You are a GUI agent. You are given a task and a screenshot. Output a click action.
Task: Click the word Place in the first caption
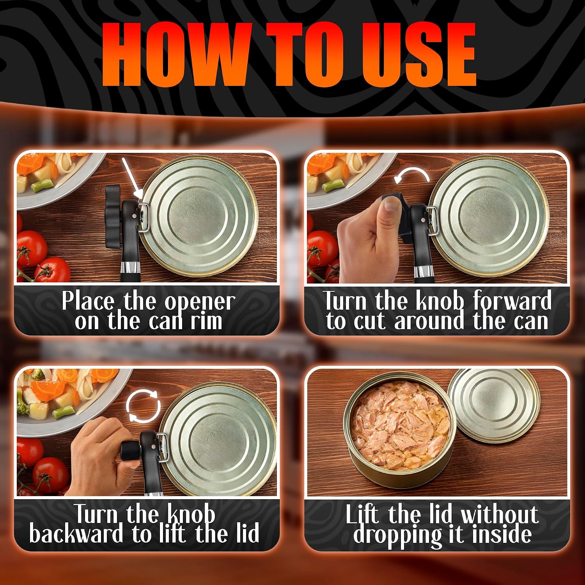pos(88,301)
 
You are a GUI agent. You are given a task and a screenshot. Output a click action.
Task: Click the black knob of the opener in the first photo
pos(113,216)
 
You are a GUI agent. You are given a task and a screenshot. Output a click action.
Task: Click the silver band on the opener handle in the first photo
pos(130,268)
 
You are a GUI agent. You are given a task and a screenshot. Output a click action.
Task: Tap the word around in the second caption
pos(429,321)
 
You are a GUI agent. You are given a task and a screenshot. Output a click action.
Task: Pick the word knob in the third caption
pos(191,514)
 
